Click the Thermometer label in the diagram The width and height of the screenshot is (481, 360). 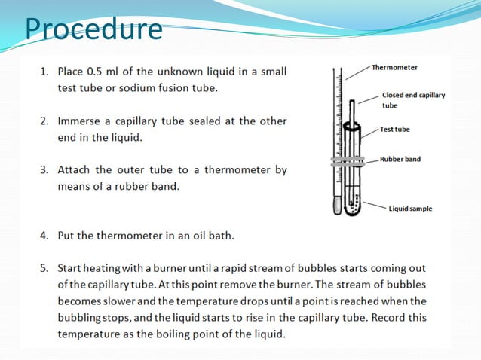tap(394, 68)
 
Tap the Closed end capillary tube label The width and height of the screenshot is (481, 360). tap(413, 100)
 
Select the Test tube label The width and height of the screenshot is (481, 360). tap(395, 130)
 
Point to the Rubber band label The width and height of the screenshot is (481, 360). tap(400, 160)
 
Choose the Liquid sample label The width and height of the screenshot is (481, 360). tap(410, 209)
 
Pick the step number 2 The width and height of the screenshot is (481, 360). tap(43, 121)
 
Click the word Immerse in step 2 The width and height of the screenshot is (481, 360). tap(81, 121)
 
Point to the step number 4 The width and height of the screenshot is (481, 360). tap(43, 236)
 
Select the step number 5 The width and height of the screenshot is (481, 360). tap(43, 269)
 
